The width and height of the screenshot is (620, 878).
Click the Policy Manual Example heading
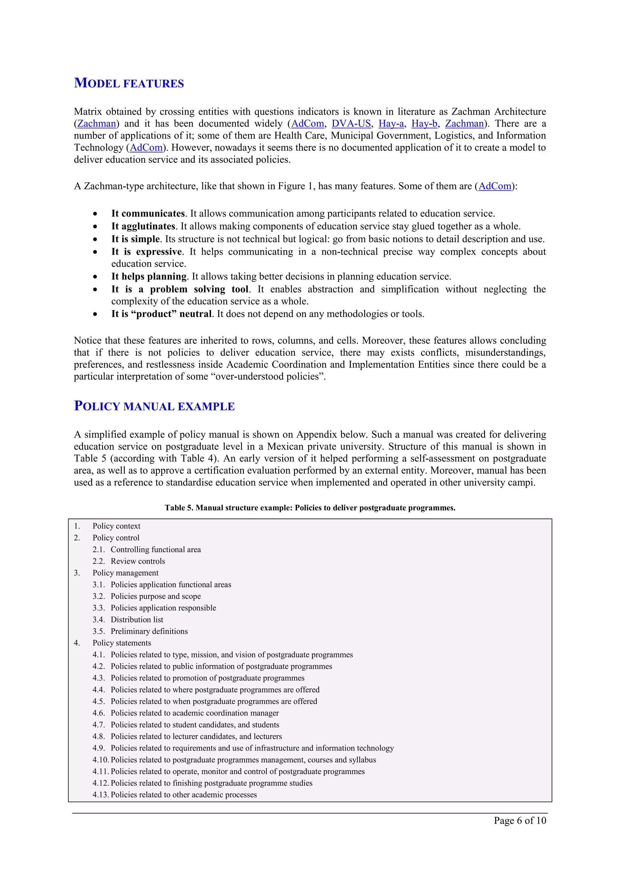pos(154,406)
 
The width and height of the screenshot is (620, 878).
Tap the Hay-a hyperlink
pos(391,124)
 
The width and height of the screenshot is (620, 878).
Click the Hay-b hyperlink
pos(424,124)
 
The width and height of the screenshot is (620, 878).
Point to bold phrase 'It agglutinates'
pos(143,226)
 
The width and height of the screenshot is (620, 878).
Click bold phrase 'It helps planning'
pos(149,276)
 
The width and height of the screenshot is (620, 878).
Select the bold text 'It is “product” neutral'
pos(161,314)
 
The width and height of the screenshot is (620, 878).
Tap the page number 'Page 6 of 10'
pos(519,820)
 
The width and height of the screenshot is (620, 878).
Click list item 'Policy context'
pos(116,526)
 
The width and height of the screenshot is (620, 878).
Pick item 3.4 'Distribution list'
pos(137,619)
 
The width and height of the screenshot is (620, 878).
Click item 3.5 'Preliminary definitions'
pos(149,631)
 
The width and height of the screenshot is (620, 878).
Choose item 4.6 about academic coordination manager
pos(194,713)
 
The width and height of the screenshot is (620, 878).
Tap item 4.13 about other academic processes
pos(183,794)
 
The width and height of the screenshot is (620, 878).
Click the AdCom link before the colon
pos(494,186)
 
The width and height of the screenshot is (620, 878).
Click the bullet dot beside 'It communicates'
pos(95,214)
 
